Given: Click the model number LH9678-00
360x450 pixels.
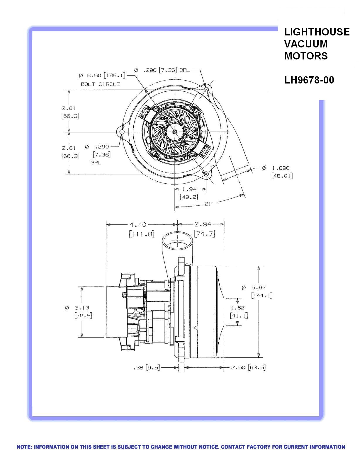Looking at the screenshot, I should (309, 80).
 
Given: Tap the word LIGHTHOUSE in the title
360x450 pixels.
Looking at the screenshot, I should (317, 32).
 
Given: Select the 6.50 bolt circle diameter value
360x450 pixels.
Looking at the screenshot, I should (94, 76).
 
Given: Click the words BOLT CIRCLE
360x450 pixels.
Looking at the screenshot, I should (100, 84).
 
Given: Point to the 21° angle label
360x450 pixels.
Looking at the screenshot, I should (209, 203).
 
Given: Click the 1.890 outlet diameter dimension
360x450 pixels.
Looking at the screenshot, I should (281, 168).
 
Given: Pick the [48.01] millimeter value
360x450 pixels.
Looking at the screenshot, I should (282, 176).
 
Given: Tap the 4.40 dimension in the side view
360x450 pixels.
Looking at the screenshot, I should (138, 225).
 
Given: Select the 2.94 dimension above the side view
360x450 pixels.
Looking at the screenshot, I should (203, 224).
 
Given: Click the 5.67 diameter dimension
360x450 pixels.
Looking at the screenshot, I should (258, 288).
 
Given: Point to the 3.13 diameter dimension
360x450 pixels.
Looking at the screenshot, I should (81, 308).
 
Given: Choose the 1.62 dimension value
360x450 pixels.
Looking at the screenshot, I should (237, 308).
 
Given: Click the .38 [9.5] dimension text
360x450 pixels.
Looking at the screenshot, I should (146, 367).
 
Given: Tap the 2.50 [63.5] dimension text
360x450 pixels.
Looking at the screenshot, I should (248, 367).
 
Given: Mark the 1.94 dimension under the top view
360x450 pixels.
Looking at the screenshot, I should (191, 189).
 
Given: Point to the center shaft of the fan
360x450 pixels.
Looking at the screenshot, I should (175, 132).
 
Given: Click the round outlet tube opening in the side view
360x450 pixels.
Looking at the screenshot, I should (177, 241).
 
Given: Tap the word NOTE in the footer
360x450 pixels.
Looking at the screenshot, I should (24, 447).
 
